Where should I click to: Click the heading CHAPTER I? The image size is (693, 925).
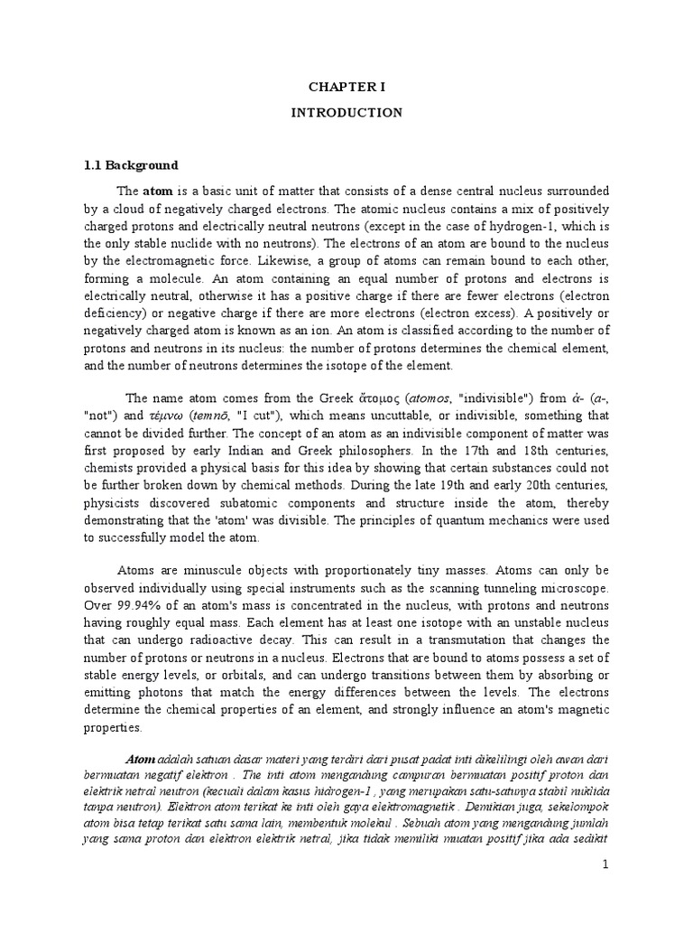tap(346, 88)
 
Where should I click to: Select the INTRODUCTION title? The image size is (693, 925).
tap(346, 113)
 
